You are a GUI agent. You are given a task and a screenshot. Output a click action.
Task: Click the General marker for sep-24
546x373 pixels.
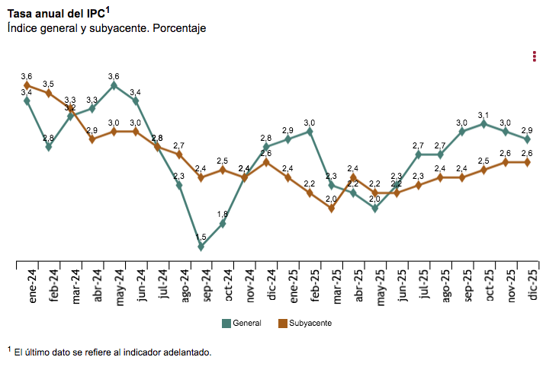point(201,247)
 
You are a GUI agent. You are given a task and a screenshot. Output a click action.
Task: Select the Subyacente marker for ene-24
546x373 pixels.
point(27,85)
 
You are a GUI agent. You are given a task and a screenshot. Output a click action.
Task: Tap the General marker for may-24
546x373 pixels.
point(114,85)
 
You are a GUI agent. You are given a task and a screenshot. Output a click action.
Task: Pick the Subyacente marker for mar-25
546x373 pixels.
point(332,209)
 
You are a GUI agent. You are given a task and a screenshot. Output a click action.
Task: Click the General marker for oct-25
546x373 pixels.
point(484,123)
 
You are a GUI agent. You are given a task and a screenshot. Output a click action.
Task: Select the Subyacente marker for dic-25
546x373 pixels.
point(527,162)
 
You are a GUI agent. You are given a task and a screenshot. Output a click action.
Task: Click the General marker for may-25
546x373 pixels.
point(375,208)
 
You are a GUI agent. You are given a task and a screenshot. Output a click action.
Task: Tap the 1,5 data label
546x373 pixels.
point(201,237)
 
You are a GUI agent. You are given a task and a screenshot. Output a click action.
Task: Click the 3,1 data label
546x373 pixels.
point(484,114)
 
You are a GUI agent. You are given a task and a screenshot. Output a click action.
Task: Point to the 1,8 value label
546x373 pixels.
point(223,214)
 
